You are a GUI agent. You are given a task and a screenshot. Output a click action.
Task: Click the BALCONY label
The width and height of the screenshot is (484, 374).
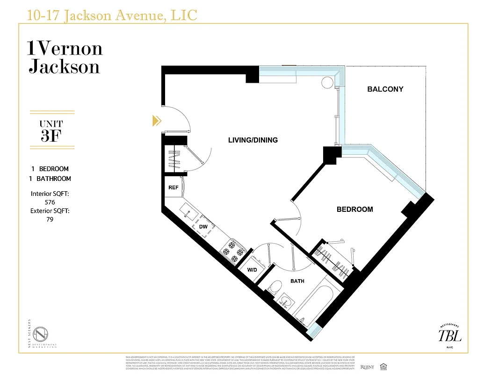[x=385, y=89]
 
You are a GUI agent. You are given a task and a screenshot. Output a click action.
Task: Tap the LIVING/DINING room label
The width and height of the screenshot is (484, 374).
[x=253, y=140]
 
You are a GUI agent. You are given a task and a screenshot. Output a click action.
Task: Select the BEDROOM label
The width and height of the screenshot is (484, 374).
[x=354, y=209]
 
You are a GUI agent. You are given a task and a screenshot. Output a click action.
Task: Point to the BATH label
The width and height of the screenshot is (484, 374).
[x=297, y=281]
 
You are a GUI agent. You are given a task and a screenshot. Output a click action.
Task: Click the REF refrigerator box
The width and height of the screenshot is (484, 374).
[x=173, y=187]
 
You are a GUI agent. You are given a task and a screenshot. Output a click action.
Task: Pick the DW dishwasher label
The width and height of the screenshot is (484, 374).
[x=203, y=227]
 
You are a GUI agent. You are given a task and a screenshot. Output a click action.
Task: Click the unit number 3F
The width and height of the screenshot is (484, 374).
[x=51, y=137]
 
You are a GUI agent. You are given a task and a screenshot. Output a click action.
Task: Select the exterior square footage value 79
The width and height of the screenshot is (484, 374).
[x=50, y=219]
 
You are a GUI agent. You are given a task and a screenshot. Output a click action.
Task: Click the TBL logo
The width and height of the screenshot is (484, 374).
[x=449, y=335]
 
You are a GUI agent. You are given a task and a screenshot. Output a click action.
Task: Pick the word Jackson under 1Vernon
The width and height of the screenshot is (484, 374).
[x=64, y=66]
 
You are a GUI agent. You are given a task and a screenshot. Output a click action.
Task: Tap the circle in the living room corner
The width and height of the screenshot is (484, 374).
[x=326, y=82]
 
